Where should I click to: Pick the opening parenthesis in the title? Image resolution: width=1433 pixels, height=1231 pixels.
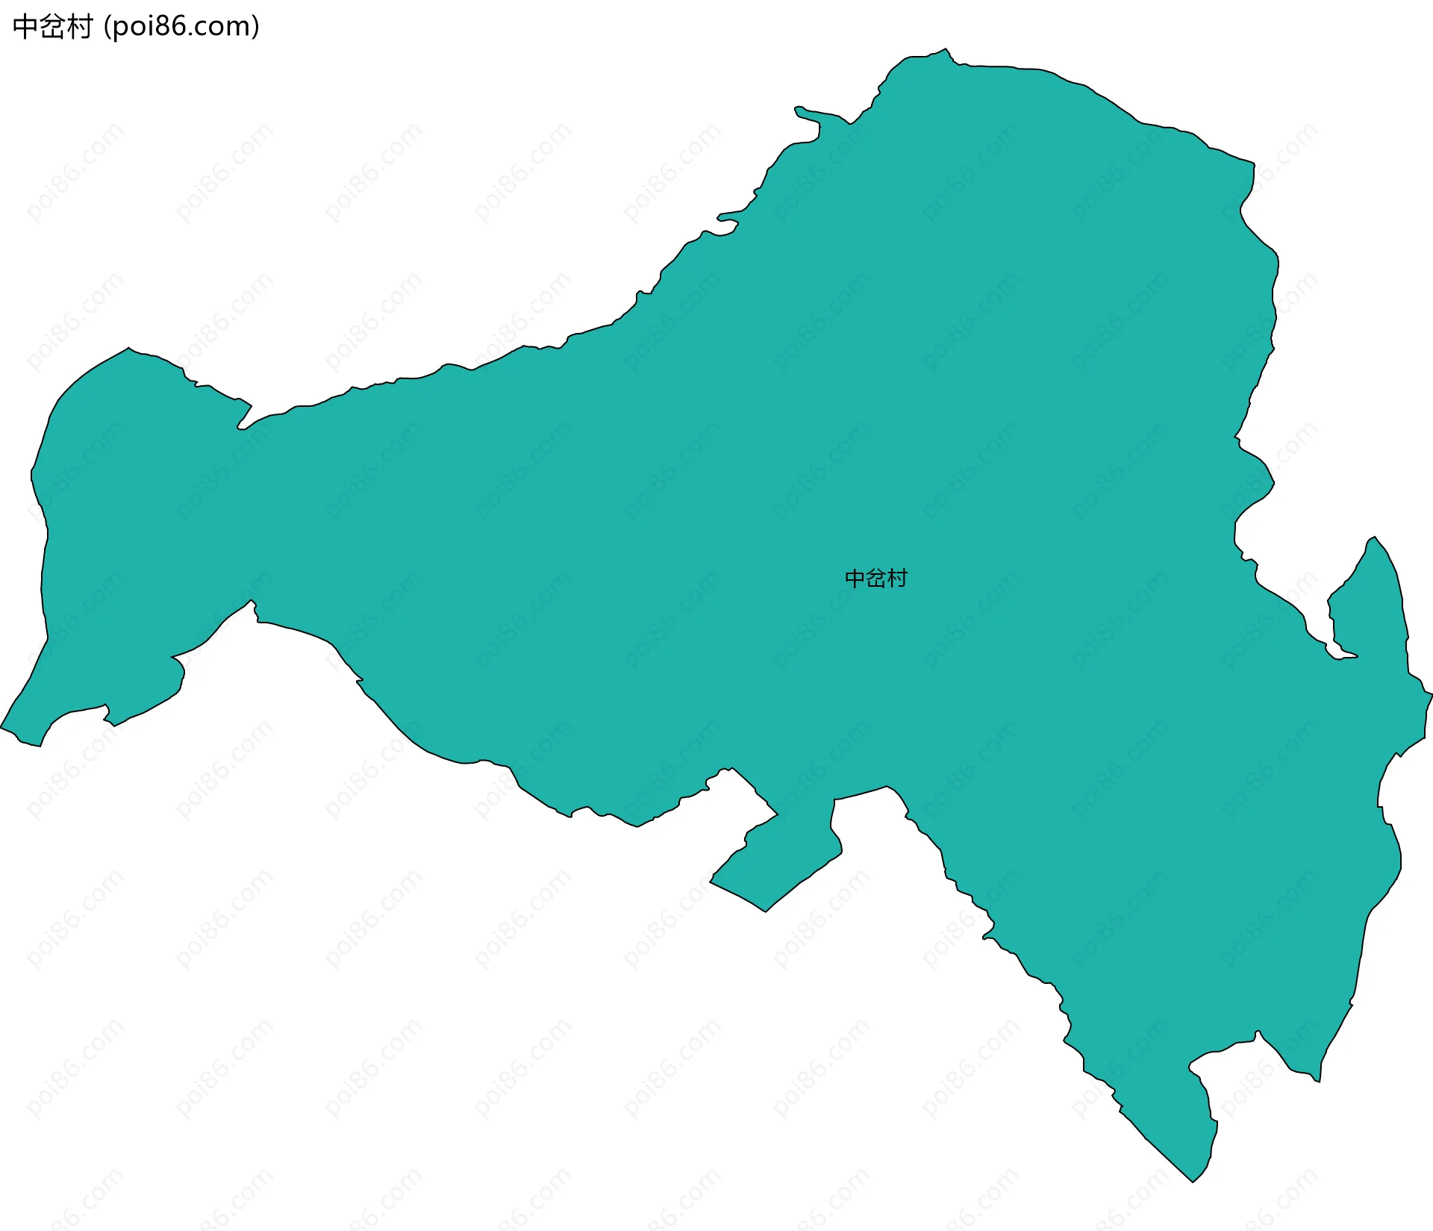pos(107,27)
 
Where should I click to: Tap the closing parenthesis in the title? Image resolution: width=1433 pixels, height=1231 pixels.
pos(256,27)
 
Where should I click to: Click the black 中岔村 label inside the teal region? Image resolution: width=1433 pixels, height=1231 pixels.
pos(875,579)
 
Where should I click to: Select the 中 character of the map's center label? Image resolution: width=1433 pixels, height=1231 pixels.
pos(855,579)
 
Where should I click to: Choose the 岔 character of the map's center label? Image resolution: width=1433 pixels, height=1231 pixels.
pos(875,579)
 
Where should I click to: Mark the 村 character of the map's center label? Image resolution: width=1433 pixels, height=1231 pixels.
pos(897,579)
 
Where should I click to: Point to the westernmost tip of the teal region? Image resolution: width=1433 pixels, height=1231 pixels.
pos(2,726)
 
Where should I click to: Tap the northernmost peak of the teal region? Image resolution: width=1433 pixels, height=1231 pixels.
pos(946,50)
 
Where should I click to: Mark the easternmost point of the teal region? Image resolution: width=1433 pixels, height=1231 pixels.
pos(1430,695)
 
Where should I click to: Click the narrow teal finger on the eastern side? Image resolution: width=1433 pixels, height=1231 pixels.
pos(1373,597)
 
